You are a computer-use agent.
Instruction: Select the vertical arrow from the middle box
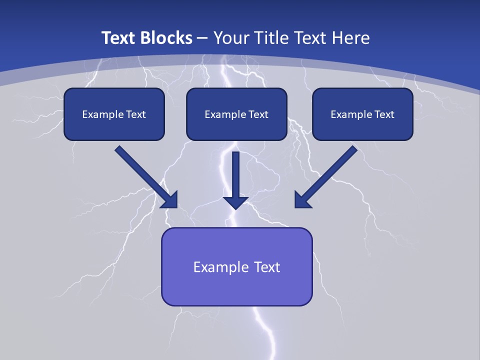click(236, 172)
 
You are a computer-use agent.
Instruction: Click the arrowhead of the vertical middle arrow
click(236, 202)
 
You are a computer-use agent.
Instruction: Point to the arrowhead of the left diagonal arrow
click(170, 199)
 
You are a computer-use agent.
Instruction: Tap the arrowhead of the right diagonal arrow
click(302, 199)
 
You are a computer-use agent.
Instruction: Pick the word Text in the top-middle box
click(258, 114)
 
